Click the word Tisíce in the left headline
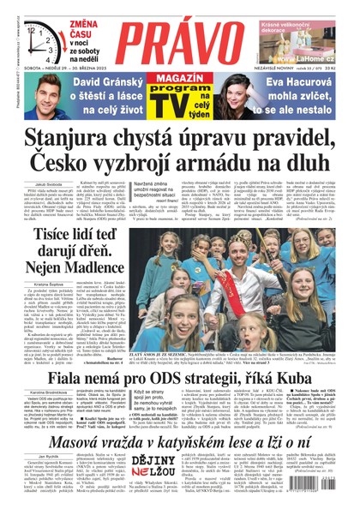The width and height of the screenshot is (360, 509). (x=40, y=209)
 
